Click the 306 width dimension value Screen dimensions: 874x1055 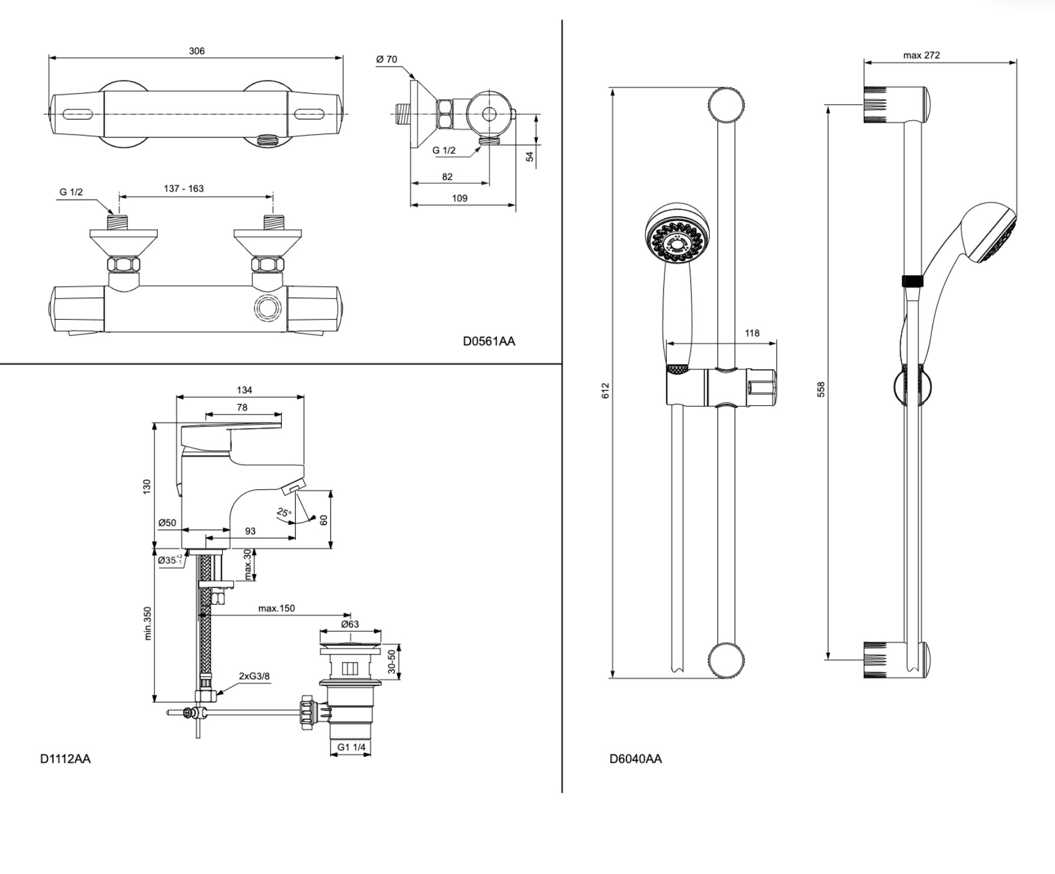pos(196,51)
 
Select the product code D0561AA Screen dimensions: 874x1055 pos(488,341)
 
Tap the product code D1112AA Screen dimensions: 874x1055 pos(65,759)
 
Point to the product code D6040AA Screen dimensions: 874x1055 pos(635,759)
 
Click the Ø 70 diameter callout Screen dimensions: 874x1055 pos(386,60)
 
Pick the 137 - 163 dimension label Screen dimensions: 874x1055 pos(184,189)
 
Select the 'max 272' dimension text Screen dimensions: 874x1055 pos(921,55)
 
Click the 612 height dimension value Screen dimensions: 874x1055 pos(605,390)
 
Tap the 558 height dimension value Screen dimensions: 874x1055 pos(821,389)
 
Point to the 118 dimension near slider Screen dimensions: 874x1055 pos(752,333)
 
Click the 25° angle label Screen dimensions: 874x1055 pos(284,513)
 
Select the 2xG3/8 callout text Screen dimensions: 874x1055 pos(254,676)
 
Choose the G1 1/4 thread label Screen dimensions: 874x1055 pos(351,747)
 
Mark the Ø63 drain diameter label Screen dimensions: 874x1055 pos(350,624)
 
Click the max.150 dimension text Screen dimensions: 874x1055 pos(276,608)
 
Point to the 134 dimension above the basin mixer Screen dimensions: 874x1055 pos(245,390)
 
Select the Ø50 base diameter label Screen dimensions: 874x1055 pos(167,523)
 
